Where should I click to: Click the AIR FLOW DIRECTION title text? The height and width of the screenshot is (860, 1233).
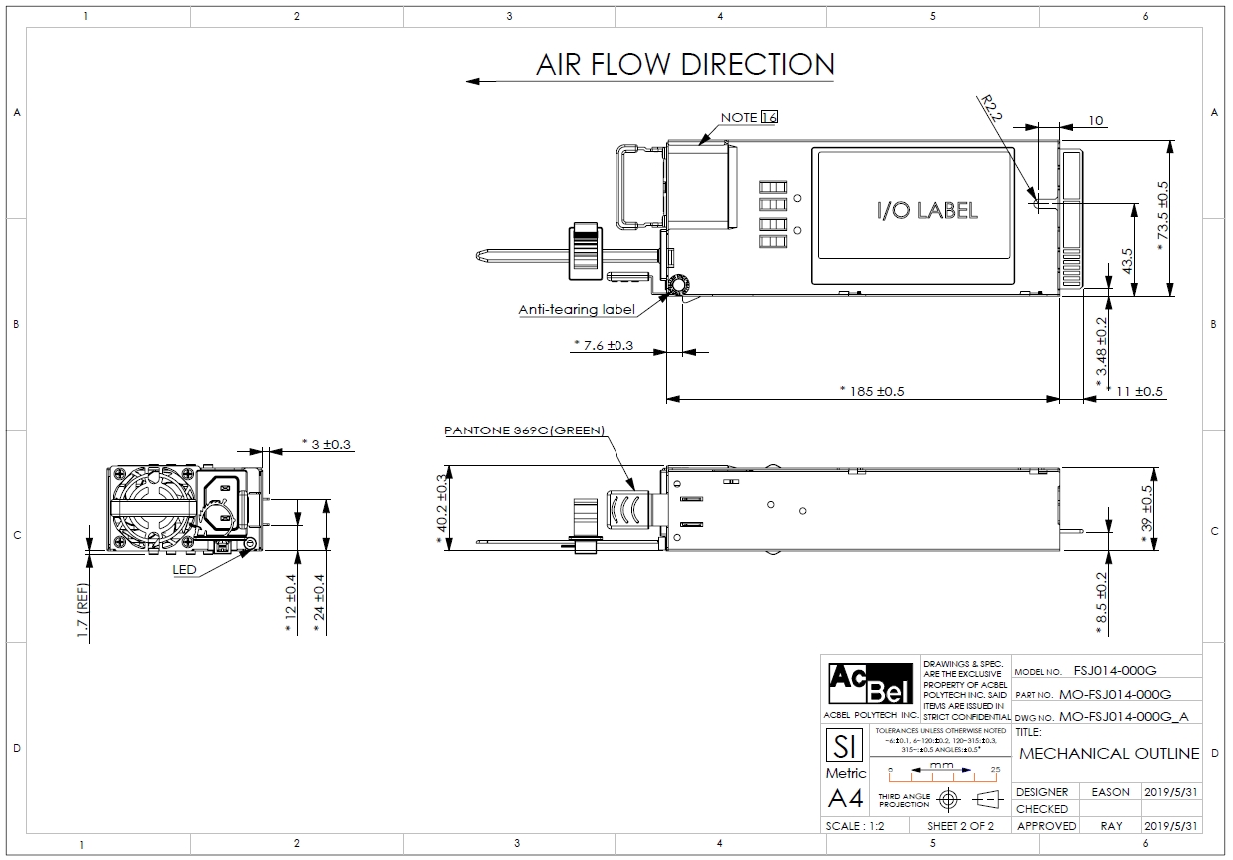click(684, 65)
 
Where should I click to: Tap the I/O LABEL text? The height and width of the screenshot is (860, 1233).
click(927, 210)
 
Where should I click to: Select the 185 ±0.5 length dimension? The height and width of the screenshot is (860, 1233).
click(872, 391)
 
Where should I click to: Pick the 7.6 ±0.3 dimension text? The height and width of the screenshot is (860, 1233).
click(604, 345)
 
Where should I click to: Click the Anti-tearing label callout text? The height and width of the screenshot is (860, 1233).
click(577, 309)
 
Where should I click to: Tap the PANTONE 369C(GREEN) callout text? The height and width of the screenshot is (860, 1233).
click(525, 431)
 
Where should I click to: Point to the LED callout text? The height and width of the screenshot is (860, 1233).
click(185, 570)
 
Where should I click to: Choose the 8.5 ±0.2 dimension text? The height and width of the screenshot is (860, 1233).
click(1102, 602)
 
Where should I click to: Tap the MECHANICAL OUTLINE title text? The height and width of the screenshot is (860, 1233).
click(1109, 753)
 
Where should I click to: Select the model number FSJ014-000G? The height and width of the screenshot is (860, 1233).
click(1115, 671)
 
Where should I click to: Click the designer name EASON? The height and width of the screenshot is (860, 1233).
click(1111, 792)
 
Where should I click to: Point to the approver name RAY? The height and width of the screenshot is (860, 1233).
click(1111, 826)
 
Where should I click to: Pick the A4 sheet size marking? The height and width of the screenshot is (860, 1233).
click(846, 798)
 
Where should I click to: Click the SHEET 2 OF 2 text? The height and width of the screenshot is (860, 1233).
click(960, 826)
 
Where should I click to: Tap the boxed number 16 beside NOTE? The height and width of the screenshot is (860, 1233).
click(769, 117)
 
